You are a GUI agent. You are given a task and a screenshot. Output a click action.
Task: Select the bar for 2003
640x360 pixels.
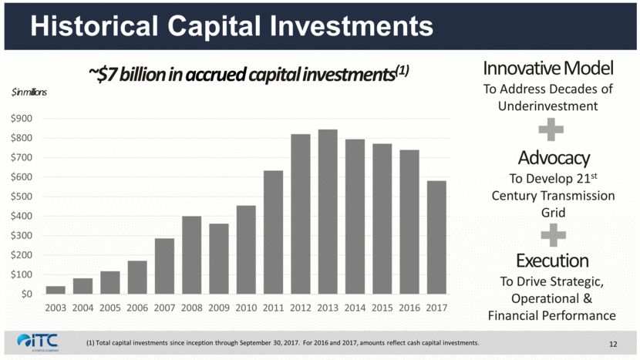pos(56,290)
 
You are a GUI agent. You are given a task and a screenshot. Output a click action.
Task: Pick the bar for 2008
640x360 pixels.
pos(191,255)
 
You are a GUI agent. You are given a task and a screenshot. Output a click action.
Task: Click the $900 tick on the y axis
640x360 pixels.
pos(25,119)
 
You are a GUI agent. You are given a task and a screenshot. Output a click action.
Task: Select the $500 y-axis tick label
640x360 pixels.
pos(25,197)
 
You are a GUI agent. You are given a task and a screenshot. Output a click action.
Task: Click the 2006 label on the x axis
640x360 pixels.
pos(137,308)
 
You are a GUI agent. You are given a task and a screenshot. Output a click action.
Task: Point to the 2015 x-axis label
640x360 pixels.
pos(382,308)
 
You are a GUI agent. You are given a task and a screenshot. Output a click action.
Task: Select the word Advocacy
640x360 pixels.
pos(554,159)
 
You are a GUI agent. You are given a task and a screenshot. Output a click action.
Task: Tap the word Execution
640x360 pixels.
pos(552,260)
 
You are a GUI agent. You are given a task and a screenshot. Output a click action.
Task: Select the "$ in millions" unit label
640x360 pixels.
pos(29,93)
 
